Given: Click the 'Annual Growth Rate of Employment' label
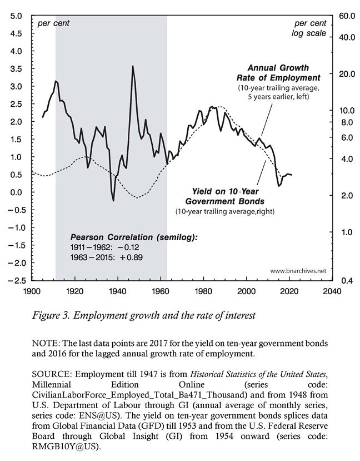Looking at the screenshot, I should click(x=284, y=72).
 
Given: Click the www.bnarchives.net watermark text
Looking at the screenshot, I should click(x=298, y=271).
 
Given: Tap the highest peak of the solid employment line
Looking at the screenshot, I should click(x=132, y=66).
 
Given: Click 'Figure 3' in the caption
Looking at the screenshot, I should click(x=54, y=315).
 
